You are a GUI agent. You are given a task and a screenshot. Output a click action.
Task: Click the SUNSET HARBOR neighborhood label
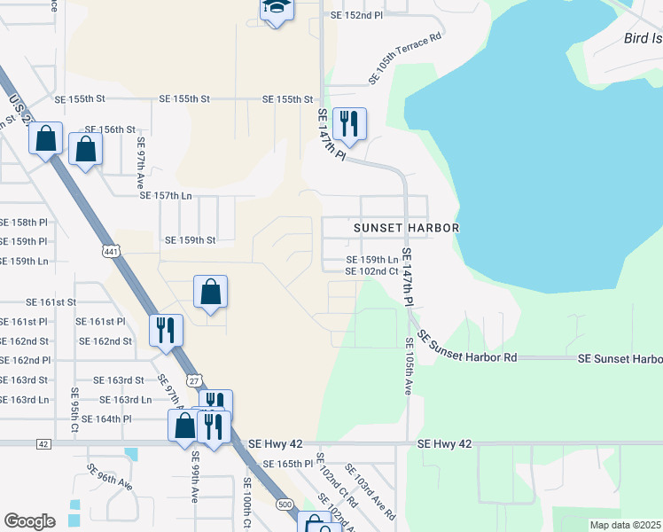pyautogui.click(x=406, y=228)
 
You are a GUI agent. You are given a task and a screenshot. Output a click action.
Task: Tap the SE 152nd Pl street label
pyautogui.click(x=356, y=16)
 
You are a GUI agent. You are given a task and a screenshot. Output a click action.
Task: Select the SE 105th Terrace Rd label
pyautogui.click(x=405, y=59)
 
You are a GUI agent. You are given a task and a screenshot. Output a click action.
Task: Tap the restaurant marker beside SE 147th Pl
pyautogui.click(x=349, y=124)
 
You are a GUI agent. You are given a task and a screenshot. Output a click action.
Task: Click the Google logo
pyautogui.click(x=29, y=521)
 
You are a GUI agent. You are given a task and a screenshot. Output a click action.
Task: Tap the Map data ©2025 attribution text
pyautogui.click(x=626, y=525)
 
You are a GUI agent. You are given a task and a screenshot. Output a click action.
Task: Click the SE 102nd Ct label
pyautogui.click(x=371, y=271)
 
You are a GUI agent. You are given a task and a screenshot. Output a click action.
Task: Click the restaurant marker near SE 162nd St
pyautogui.click(x=166, y=329)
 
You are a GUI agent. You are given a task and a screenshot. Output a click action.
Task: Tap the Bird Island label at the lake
pyautogui.click(x=643, y=38)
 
